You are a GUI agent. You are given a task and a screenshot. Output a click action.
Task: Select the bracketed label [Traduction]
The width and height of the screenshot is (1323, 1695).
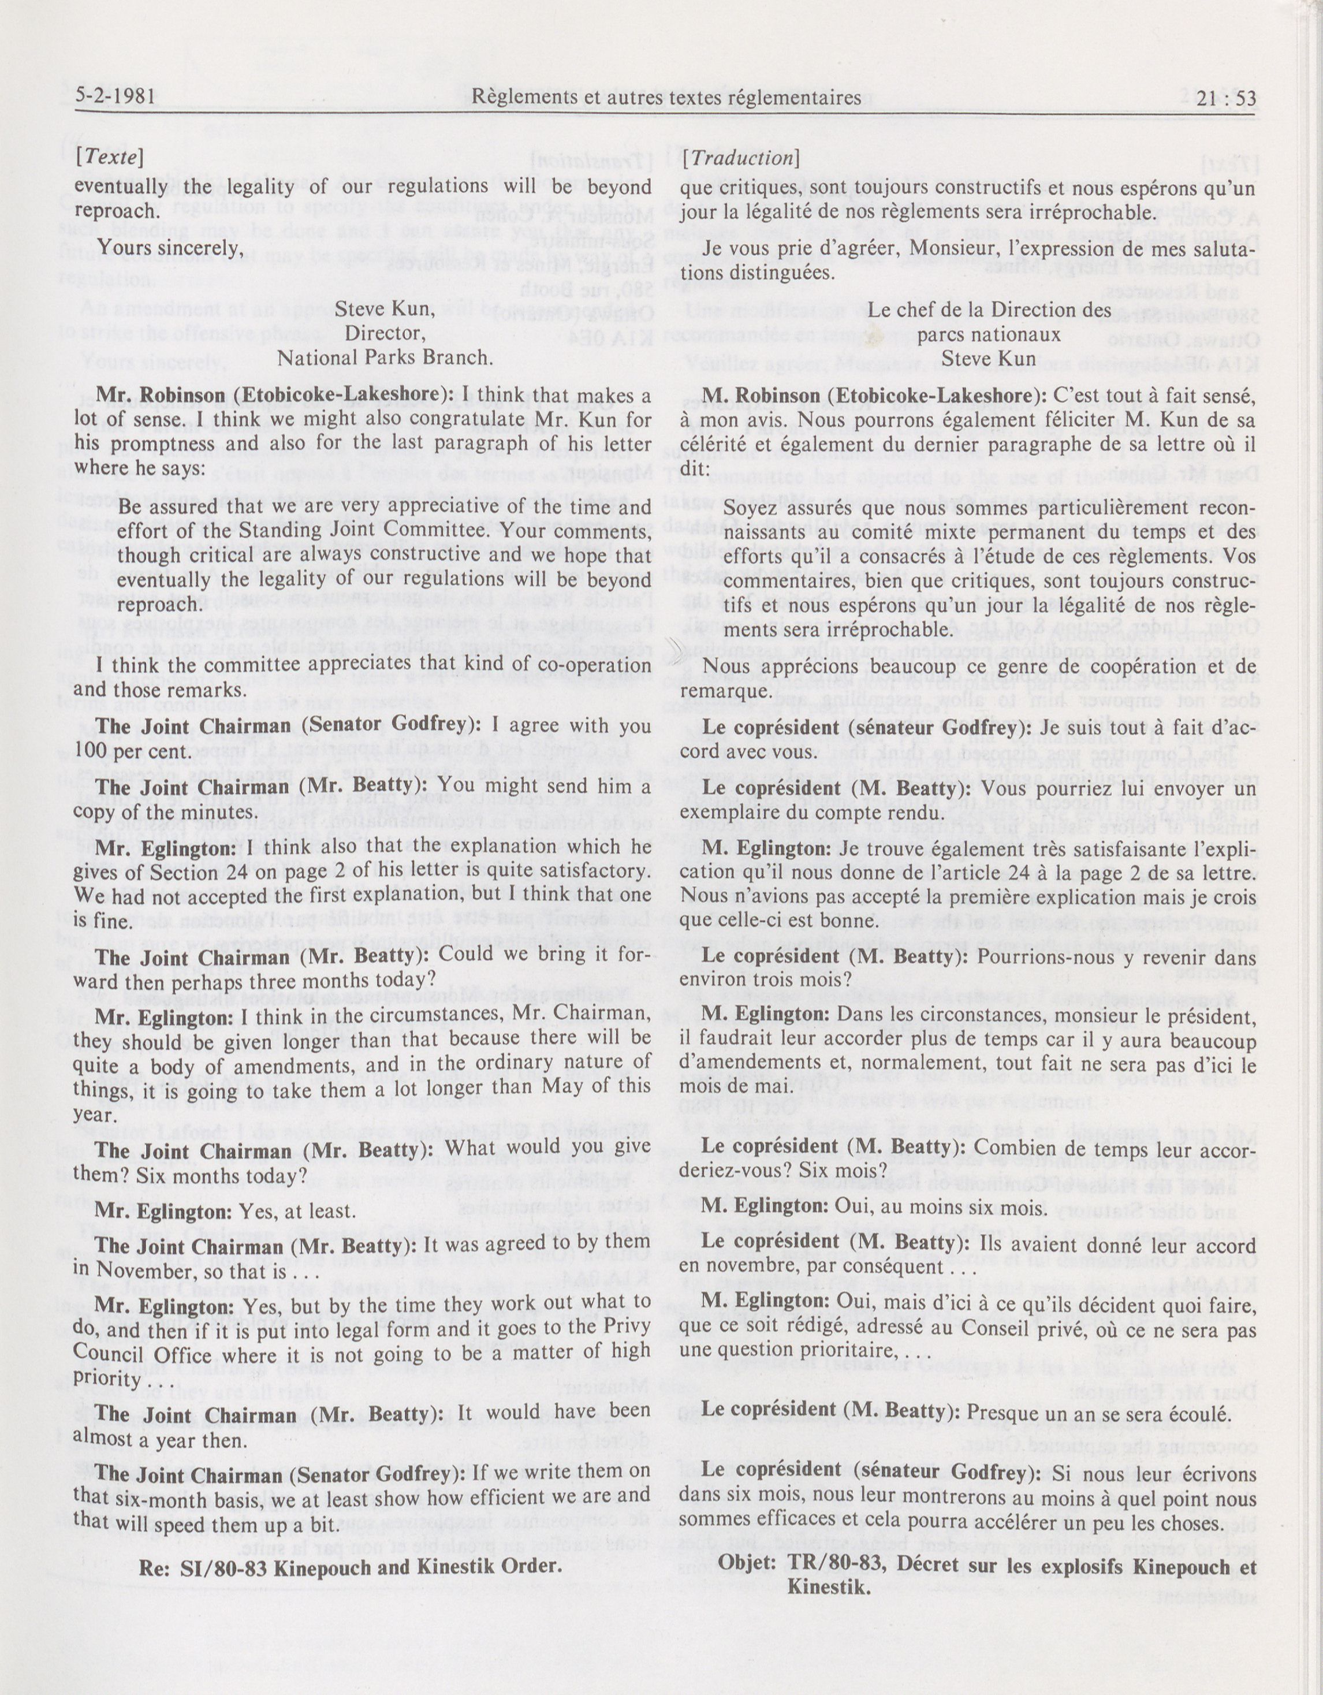[740, 157]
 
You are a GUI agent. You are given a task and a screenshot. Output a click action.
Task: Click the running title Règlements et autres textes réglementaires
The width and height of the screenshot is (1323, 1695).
[666, 97]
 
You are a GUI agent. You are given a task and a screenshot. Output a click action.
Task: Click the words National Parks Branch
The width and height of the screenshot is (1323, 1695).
[385, 358]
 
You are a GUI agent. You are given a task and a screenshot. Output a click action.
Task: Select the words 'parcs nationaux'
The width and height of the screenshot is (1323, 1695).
[989, 334]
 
